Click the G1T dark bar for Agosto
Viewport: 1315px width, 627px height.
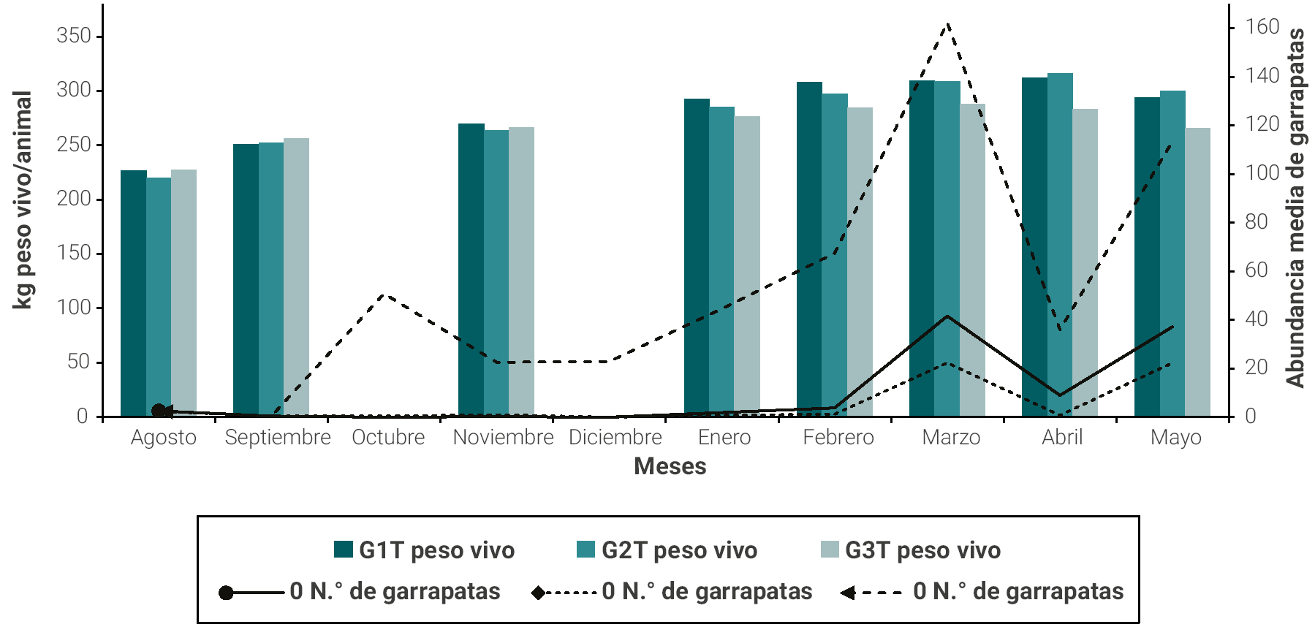(x=133, y=292)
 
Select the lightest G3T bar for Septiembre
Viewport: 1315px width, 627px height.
(x=296, y=278)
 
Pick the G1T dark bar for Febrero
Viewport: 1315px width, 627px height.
(x=809, y=248)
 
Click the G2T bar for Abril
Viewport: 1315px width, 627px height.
(x=1060, y=245)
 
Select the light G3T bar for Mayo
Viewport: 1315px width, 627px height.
(x=1197, y=272)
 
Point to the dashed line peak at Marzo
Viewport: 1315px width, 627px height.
(x=947, y=24)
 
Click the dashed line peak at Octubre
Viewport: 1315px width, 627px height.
(x=385, y=295)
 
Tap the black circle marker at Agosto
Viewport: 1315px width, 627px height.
(x=159, y=411)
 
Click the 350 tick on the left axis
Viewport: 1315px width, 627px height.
(x=73, y=36)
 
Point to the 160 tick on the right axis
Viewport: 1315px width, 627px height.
(x=1262, y=27)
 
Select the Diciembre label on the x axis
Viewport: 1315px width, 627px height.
(x=615, y=437)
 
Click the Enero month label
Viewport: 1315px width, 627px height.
(x=724, y=437)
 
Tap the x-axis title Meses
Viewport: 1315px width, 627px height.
(x=670, y=466)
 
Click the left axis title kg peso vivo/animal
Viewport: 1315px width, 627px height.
(x=23, y=199)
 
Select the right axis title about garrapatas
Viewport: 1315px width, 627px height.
(x=1295, y=208)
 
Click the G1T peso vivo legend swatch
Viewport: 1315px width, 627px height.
(x=344, y=550)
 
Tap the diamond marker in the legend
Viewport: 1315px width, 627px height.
(x=538, y=593)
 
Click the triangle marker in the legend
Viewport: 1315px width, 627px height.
(x=848, y=593)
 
